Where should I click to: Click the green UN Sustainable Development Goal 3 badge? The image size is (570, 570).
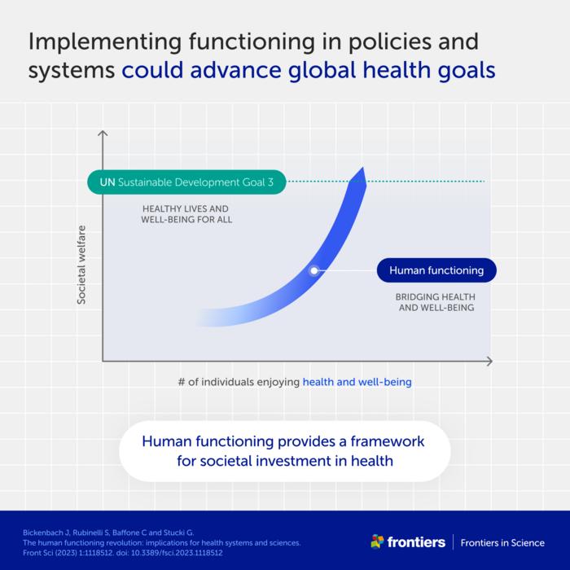(186, 182)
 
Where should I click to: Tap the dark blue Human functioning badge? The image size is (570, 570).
(436, 270)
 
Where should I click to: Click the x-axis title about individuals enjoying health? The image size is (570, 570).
(295, 381)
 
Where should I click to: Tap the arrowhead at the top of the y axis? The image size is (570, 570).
(103, 133)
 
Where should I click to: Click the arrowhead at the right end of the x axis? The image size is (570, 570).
(489, 360)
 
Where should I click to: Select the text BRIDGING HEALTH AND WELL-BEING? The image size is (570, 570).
(436, 302)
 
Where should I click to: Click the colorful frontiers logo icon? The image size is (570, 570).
(377, 541)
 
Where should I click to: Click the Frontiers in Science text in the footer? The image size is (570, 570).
(502, 542)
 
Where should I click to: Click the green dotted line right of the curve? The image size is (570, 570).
(423, 181)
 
